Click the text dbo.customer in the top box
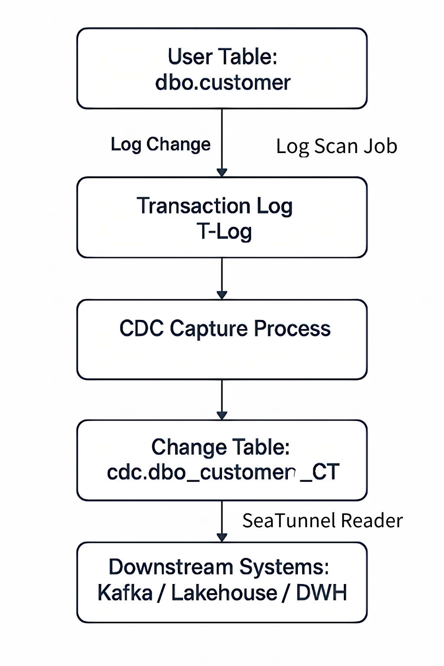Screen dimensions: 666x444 [x=222, y=82]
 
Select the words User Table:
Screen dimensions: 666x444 [x=222, y=57]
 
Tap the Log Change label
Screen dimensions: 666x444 [x=160, y=144]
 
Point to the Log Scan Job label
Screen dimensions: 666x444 [x=336, y=146]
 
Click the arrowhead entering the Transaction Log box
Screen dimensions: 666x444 [x=222, y=172]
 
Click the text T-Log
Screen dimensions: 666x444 [x=224, y=231]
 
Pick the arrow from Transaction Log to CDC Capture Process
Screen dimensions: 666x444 [x=222, y=277]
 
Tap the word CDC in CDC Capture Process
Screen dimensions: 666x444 [x=141, y=328]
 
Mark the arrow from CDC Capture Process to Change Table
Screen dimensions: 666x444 [x=222, y=399]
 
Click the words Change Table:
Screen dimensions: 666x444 [x=220, y=447]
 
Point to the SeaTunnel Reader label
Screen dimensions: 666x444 [x=322, y=520]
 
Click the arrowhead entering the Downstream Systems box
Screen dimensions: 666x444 [x=222, y=537]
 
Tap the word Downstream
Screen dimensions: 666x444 [x=171, y=567]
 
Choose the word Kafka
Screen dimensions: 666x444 [x=125, y=593]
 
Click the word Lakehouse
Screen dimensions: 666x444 [x=224, y=593]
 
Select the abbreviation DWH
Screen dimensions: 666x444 [x=321, y=593]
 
